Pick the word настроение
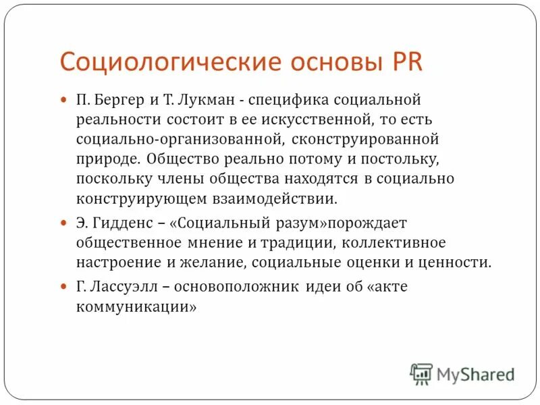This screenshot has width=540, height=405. pos(116,262)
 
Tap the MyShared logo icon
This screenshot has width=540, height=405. pos(422,373)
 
